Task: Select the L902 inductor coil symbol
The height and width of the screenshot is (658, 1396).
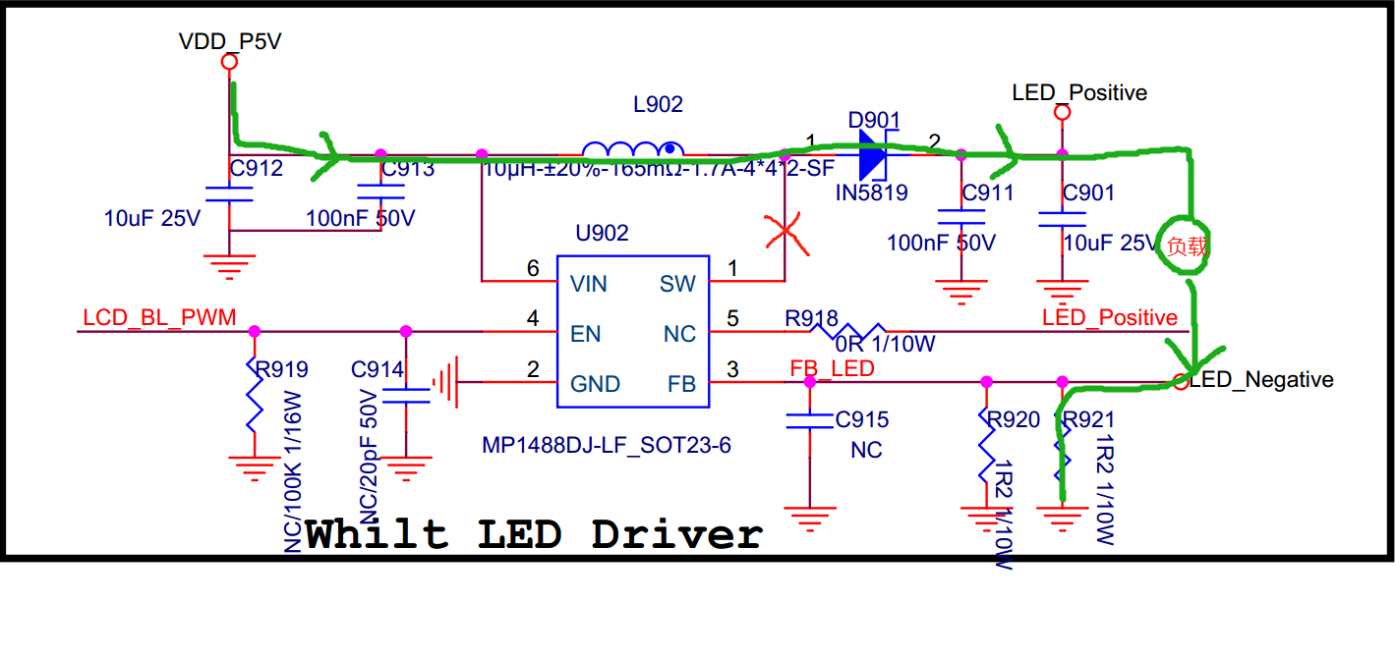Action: [633, 152]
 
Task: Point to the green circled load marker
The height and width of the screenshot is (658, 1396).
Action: [1187, 247]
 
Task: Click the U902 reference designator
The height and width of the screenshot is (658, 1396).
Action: [603, 234]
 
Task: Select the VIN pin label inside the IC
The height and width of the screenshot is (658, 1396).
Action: [589, 285]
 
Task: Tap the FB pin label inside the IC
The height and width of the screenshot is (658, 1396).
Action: [680, 384]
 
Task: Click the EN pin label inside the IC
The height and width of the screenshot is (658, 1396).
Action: [585, 334]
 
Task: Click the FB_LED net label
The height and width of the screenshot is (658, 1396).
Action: [833, 367]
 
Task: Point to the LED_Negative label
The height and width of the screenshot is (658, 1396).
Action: [1261, 380]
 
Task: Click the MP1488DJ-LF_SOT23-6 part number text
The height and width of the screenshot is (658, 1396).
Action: [607, 446]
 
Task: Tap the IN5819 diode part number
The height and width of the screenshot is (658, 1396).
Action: [871, 192]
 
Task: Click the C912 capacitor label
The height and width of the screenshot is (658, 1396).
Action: [256, 169]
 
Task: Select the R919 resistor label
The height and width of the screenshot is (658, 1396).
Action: [281, 370]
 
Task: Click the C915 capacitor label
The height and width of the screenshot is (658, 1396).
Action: [862, 420]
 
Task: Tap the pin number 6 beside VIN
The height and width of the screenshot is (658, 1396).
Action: [533, 268]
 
